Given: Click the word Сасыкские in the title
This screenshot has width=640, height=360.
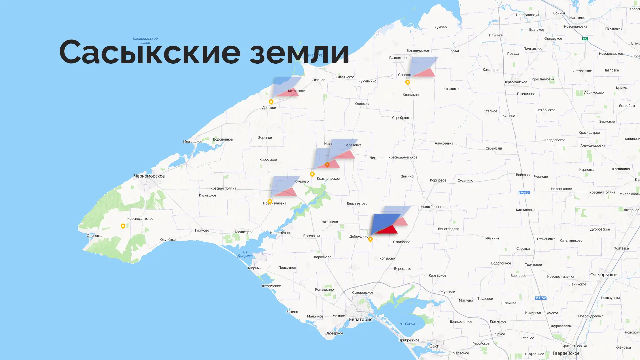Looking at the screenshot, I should [150, 52].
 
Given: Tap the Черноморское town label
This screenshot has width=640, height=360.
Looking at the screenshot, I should [149, 176].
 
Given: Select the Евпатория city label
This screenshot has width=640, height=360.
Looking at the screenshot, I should [360, 319].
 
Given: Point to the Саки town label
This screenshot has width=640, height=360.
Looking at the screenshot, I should [434, 346].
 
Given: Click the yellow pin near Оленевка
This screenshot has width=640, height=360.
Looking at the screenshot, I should [123, 226].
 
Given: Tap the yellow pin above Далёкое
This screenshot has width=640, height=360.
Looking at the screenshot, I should [271, 102].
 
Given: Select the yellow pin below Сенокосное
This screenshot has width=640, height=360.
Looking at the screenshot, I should [407, 82].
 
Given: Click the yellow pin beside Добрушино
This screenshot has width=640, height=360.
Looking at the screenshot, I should [370, 239].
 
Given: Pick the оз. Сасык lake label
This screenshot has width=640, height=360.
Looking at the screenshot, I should [407, 324].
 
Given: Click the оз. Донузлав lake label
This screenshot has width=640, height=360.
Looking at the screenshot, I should [245, 254].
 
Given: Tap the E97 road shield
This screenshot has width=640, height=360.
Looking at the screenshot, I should [585, 39].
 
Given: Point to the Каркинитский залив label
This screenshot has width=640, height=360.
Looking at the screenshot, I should [145, 40].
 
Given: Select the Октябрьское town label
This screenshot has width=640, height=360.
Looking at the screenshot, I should [603, 275].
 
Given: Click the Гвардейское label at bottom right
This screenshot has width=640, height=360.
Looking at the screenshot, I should [566, 353].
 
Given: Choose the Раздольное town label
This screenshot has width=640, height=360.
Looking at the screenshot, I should [398, 58].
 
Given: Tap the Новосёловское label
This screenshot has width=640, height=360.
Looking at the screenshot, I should [433, 207].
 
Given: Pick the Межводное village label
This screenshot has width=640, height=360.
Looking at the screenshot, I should [192, 141].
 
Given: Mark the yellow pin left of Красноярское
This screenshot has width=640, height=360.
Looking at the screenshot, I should [312, 174].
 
